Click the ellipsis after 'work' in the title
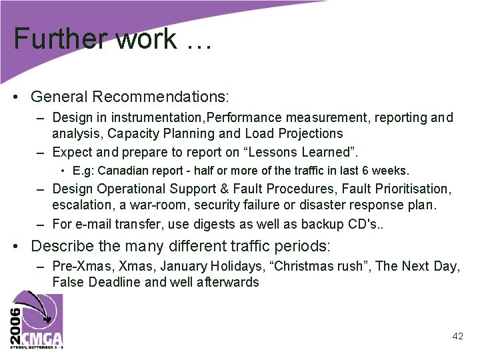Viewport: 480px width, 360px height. coord(196,41)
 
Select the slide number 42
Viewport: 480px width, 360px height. coord(457,336)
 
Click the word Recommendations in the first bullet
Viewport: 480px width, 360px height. coord(161,97)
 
